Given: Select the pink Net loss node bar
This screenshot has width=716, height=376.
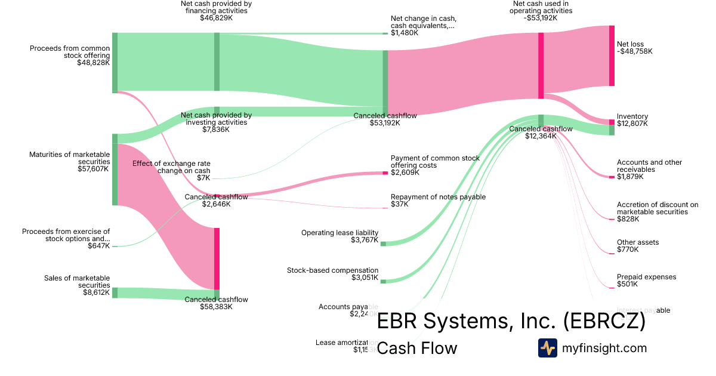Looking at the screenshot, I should click(x=612, y=56).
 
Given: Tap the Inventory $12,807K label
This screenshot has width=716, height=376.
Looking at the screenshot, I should click(x=633, y=120).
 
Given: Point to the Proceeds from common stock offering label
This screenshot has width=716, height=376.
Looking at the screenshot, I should click(x=70, y=56).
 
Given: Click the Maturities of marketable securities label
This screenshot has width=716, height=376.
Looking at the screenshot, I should click(x=69, y=162).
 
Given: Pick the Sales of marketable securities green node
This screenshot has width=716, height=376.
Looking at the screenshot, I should click(x=115, y=292).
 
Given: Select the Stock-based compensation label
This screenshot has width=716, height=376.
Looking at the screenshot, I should click(x=332, y=274).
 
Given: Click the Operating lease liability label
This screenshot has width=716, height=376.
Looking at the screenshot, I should click(x=340, y=236).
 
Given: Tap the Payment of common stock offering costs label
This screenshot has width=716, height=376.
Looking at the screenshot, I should click(x=435, y=165).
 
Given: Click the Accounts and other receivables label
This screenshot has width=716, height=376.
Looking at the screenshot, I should click(x=649, y=169).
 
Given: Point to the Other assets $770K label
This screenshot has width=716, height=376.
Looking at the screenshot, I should click(x=638, y=246).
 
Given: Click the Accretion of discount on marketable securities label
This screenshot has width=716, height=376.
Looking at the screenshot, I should click(x=657, y=212).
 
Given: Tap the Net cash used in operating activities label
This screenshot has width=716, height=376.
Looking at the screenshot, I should click(x=541, y=11).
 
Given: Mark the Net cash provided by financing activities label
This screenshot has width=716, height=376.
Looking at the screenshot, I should click(x=216, y=11).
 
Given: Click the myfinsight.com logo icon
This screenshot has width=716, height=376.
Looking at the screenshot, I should click(x=547, y=348).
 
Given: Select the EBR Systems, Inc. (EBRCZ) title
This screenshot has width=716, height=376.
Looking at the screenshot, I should click(x=511, y=322).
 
